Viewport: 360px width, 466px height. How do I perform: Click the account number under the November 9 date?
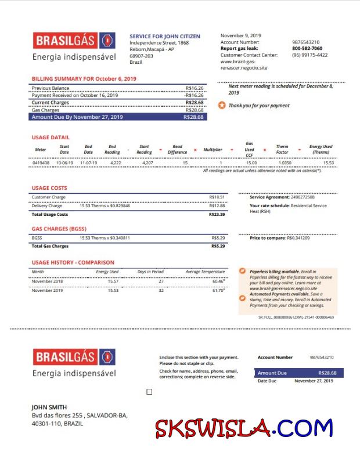coord(305,42)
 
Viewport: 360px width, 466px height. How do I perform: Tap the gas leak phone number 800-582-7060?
coord(307,49)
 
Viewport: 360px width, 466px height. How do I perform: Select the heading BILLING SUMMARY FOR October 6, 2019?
coord(84,78)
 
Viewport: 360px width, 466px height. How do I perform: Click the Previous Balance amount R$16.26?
coord(195,88)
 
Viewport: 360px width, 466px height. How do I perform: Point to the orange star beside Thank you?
coord(221,106)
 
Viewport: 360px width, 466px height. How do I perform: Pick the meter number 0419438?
coord(41,163)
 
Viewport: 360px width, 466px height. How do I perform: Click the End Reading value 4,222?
coord(115,163)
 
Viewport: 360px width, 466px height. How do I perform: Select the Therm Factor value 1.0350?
coord(285,163)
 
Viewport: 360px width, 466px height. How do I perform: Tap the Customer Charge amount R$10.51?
coord(217,197)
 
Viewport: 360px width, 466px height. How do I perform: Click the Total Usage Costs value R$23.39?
coord(217,214)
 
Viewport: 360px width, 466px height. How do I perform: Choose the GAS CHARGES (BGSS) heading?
coord(59,229)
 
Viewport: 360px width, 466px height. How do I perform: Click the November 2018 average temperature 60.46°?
coord(218,281)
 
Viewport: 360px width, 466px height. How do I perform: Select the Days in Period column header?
coord(150,272)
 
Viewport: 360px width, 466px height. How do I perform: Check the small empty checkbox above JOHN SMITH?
coord(149,392)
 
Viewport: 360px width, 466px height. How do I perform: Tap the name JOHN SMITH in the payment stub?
coord(49,407)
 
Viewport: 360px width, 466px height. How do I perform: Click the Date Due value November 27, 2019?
coord(314,381)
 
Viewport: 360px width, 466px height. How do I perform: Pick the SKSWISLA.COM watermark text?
coord(243,428)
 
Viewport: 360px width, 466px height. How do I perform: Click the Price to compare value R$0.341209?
coord(298,238)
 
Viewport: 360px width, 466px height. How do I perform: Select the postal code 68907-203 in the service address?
coord(141,56)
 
